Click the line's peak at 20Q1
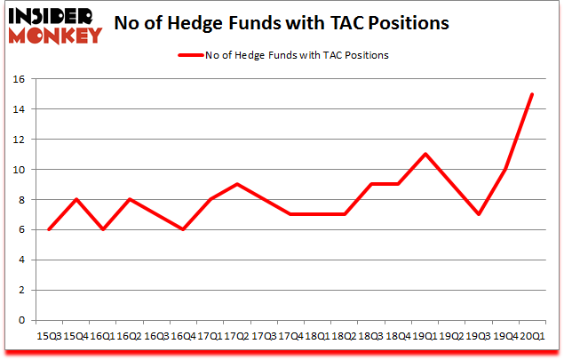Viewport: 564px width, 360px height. click(x=531, y=94)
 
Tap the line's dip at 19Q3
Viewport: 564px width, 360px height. click(x=479, y=214)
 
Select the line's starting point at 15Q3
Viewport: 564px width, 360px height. click(x=49, y=229)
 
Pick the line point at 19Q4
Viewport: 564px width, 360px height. click(x=504, y=169)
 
